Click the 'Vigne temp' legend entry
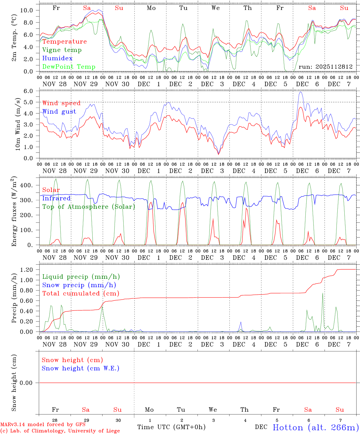tap(62, 50)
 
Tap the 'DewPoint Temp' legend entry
tap(69, 67)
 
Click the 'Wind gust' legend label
tap(59, 112)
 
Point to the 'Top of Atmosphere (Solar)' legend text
tap(89, 207)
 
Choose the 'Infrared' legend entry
tap(56, 198)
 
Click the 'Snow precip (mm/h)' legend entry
tap(79, 285)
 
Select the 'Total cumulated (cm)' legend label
tap(81, 294)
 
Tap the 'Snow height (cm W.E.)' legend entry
tap(81, 368)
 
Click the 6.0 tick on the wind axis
tap(28, 91)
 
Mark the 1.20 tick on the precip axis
tap(26, 270)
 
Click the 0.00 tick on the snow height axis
tap(26, 383)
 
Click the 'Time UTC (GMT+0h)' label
tap(171, 427)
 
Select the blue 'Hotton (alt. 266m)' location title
tap(316, 427)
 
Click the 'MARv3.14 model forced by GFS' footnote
tap(43, 425)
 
